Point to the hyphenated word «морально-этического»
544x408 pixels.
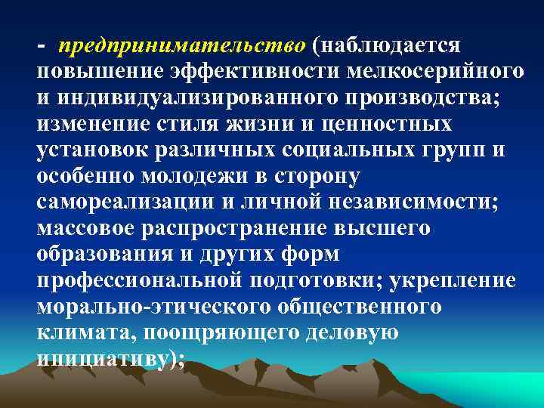pos(150,306)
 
